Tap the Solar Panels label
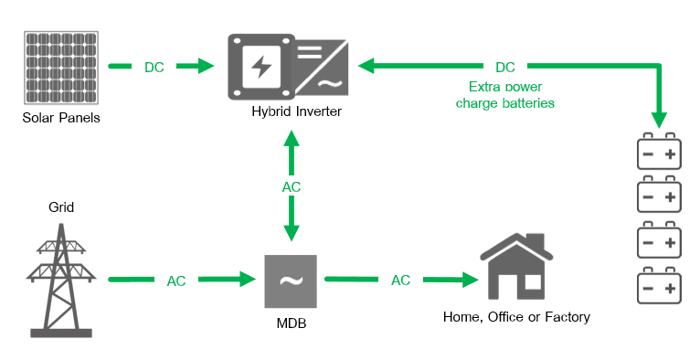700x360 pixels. pos(61,119)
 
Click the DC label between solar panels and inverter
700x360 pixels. pos(154,67)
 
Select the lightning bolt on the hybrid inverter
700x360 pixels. pos(261,67)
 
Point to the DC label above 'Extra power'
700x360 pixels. pos(504,67)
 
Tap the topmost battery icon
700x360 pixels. pos(659,153)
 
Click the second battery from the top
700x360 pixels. pos(659,196)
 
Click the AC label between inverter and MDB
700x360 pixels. pos(291,186)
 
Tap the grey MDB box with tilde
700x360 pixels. pos(292,281)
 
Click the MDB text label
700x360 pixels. pos(292,323)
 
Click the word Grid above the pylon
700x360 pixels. pos(61,207)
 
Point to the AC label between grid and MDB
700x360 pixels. pos(176,281)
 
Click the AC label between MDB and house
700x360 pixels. pos(400,280)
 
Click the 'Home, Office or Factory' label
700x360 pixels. pos(516,317)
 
